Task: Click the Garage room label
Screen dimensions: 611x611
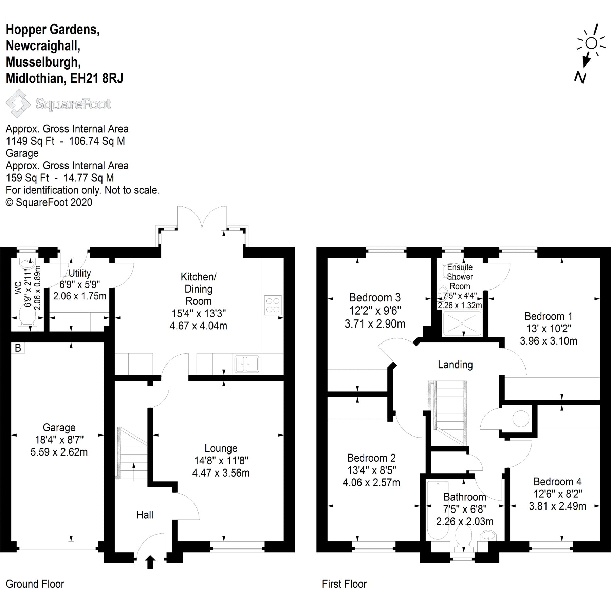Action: pos(59,427)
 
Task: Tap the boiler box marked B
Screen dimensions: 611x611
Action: pos(18,348)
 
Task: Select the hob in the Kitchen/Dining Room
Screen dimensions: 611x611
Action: pos(273,304)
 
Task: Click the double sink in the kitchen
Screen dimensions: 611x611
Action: pos(247,364)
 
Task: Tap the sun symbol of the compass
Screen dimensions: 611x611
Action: pos(591,43)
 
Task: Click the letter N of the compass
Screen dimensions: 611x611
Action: pos(580,78)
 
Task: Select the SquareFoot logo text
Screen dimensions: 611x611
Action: pos(73,104)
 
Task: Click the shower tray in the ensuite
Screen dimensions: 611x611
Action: pos(462,324)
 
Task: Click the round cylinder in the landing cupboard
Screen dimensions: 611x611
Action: pos(520,419)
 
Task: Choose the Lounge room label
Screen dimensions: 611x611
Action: pos(221,448)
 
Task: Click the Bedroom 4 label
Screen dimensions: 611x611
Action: pos(557,481)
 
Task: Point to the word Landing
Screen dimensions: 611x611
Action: pos(455,365)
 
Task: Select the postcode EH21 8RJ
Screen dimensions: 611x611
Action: pos(97,78)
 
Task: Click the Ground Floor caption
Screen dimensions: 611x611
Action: pos(35,584)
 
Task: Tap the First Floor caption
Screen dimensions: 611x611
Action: pos(344,584)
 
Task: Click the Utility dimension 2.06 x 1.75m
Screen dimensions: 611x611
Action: pos(80,296)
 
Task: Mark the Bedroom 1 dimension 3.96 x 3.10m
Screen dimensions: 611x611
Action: pos(549,341)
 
